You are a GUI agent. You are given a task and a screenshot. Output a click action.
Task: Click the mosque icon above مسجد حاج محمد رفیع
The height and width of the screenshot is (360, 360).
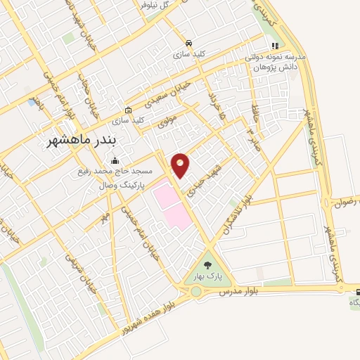point(115,161)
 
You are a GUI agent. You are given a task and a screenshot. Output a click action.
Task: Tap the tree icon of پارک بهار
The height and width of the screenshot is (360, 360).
point(207,265)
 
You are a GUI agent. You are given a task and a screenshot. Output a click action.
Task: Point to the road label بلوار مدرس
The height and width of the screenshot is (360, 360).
point(234,290)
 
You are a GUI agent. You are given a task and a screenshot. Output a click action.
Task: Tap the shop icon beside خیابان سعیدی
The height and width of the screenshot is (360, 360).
point(128,110)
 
